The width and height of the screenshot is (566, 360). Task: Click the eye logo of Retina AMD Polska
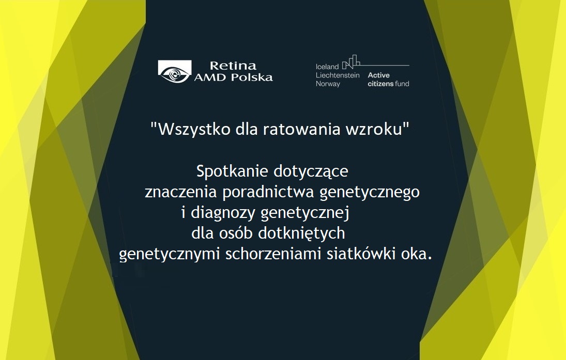click(174, 72)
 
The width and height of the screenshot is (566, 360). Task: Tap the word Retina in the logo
click(233, 66)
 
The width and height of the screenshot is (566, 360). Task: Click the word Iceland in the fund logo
click(327, 67)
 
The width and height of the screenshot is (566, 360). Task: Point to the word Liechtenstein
click(338, 75)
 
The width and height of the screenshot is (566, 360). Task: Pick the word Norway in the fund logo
click(328, 84)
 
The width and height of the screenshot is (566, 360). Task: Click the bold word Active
click(379, 75)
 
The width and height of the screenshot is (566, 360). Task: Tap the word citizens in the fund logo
click(380, 84)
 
